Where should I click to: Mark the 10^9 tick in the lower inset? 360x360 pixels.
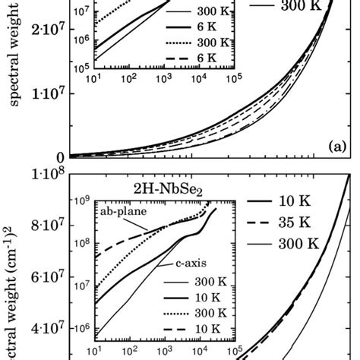coord(78,201)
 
